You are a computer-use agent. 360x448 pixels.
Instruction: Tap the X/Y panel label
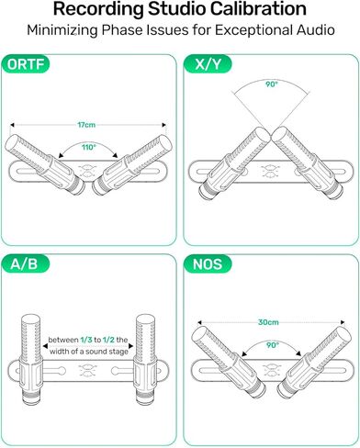208,66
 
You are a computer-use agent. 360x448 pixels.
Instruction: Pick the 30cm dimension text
268,322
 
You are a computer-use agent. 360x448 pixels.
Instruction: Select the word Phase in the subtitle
141,30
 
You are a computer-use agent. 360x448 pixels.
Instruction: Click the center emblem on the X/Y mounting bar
269,171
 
